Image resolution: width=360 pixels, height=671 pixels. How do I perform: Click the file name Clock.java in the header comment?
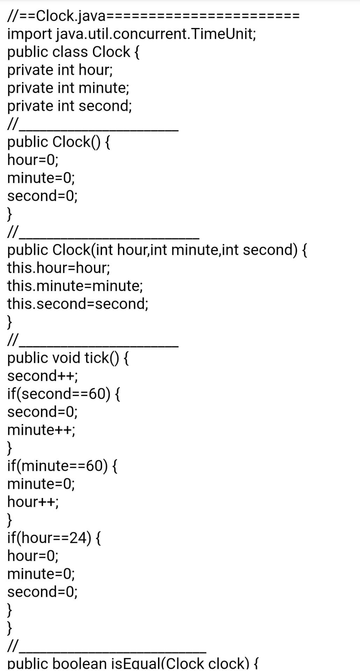coord(70,16)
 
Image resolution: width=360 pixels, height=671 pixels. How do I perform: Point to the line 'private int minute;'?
coord(68,88)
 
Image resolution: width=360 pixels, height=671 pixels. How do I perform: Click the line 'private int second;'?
coord(70,106)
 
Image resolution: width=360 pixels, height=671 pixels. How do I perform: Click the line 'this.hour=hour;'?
coord(59,267)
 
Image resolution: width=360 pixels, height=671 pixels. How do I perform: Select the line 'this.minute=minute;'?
coord(75,286)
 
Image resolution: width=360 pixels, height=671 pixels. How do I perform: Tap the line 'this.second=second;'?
coord(78,303)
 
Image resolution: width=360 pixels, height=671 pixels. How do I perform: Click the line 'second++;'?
coord(43,376)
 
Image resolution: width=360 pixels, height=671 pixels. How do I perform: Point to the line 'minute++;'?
coord(41,430)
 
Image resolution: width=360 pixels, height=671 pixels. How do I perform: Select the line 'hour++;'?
coord(33,502)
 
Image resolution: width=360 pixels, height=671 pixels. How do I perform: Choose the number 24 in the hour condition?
coord(78,537)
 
